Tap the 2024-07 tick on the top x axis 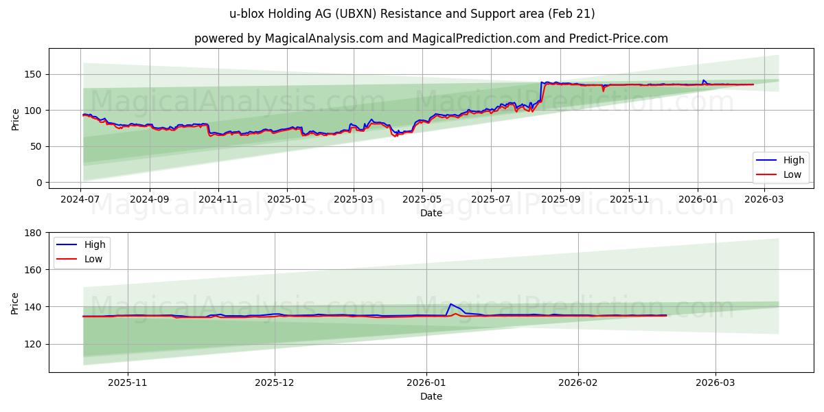coord(80,199)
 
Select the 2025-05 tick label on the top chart coord(422,199)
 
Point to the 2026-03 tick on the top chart coord(764,199)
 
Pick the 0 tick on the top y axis coord(39,183)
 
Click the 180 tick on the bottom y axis coord(33,233)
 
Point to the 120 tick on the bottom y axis coord(33,344)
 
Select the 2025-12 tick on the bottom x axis coord(275,382)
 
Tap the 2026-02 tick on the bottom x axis coord(578,382)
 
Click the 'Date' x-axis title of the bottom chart coord(431,396)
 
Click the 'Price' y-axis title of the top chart coord(15,118)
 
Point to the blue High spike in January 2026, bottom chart coord(450,304)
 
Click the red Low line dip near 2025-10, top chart coord(603,90)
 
